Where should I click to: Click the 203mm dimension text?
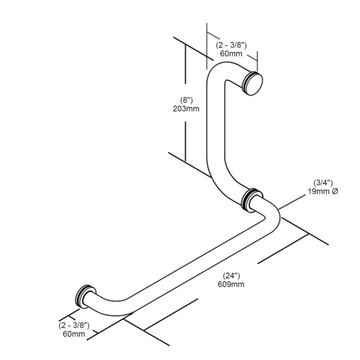(186, 108)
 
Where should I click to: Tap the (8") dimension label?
(186, 100)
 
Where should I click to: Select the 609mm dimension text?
(231, 284)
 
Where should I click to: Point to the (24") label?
(232, 276)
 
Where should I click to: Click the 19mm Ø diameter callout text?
(323, 191)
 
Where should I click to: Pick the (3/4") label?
(323, 183)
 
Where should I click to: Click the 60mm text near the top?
(231, 54)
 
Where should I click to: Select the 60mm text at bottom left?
(74, 334)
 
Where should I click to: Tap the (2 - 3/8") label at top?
(231, 45)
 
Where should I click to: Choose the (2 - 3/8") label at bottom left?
(74, 325)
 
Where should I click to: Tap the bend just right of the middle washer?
(272, 211)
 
